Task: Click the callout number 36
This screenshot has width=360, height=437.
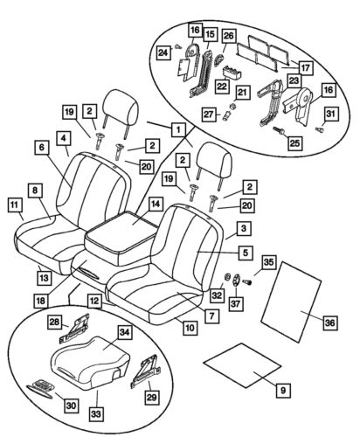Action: pyautogui.click(x=329, y=323)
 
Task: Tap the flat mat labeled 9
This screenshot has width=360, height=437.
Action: pyautogui.click(x=246, y=373)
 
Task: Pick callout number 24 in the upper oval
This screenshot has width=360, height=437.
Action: pyautogui.click(x=162, y=53)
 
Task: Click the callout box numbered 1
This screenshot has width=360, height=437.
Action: pyautogui.click(x=179, y=129)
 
